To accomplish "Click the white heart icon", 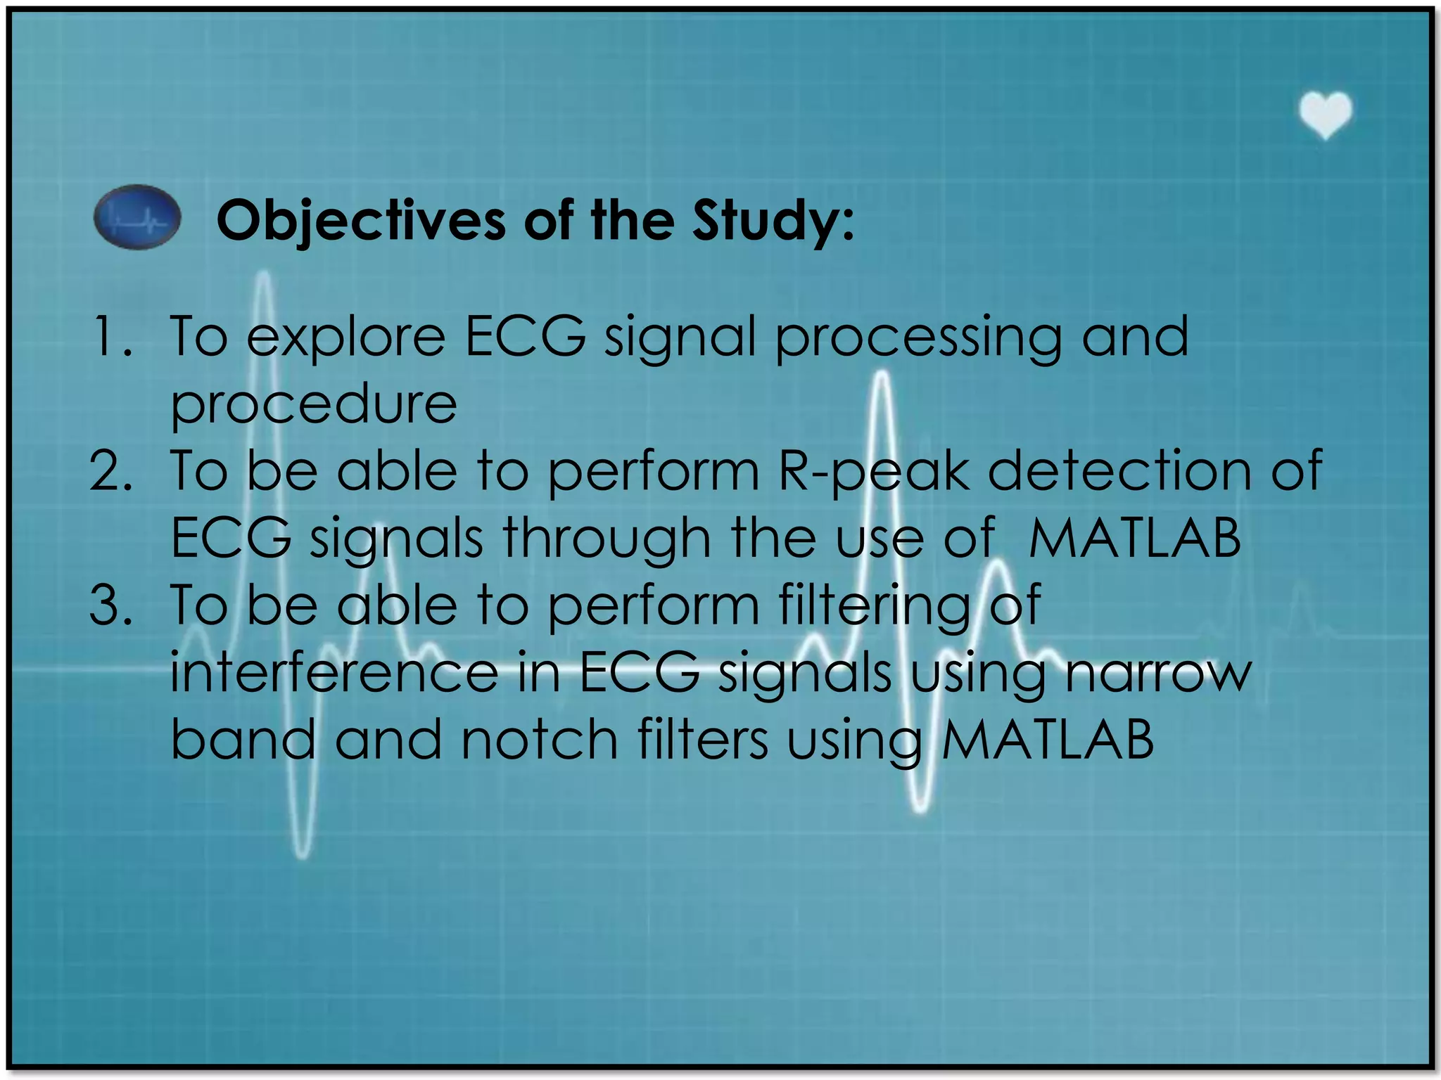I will click(x=1325, y=115).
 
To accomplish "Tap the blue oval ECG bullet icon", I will click(x=137, y=217).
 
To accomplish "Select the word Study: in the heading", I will click(x=773, y=221).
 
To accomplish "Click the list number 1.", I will click(x=110, y=337).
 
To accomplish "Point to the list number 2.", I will click(x=110, y=470).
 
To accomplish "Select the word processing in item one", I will click(x=918, y=338).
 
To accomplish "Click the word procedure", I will click(x=314, y=406).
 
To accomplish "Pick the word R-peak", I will click(x=873, y=472).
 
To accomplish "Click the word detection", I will click(x=1119, y=470).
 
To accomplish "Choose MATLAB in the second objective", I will click(x=1134, y=538).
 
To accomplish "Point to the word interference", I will click(x=334, y=673).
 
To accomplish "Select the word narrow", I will click(x=1158, y=674).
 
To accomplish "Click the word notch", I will click(x=539, y=740).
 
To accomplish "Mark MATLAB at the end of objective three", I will click(x=1047, y=740).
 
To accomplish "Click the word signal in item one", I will click(x=680, y=338).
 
